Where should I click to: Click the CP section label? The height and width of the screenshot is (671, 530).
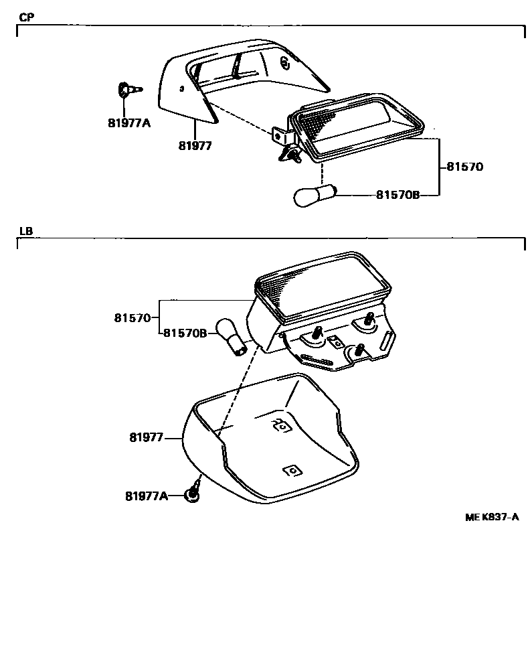[x=26, y=17]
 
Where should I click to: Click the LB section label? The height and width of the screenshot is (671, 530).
[x=26, y=231]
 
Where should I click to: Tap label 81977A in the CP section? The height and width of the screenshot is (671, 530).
[x=129, y=123]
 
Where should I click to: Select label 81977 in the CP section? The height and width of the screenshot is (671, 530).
[x=195, y=145]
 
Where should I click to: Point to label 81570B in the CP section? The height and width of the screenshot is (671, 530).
[x=397, y=195]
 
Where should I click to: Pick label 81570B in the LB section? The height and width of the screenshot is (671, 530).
[x=185, y=332]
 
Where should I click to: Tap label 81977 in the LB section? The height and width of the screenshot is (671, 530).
[x=147, y=438]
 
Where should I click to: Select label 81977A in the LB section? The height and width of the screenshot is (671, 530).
[x=147, y=496]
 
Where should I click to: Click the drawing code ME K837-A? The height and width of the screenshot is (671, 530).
[x=492, y=517]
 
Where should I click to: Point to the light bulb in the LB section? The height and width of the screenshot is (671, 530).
[x=230, y=335]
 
